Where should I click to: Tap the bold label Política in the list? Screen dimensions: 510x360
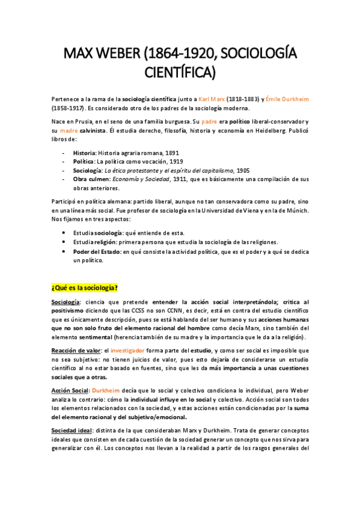84,162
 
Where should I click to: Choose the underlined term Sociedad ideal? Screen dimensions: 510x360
71,431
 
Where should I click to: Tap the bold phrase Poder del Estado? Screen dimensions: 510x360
96,252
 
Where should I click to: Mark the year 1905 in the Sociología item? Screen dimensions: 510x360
243,170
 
